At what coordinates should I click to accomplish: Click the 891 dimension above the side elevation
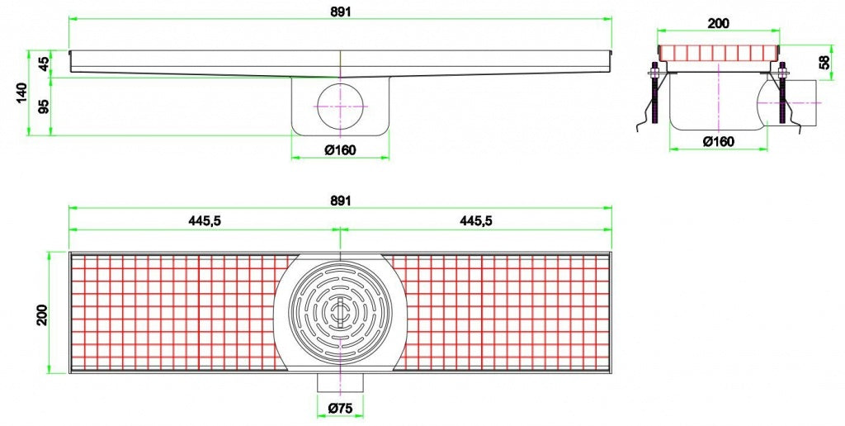[340, 7]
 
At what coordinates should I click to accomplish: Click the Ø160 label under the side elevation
[340, 149]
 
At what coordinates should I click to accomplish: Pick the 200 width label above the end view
[718, 23]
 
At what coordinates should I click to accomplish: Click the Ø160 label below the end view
[718, 141]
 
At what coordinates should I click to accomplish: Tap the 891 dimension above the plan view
[340, 200]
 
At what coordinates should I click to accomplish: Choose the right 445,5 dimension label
[476, 220]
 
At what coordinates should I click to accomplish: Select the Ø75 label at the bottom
[340, 407]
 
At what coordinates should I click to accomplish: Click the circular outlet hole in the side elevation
[340, 106]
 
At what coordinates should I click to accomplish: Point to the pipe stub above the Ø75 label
[340, 383]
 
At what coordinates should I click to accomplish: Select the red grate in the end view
[718, 54]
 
